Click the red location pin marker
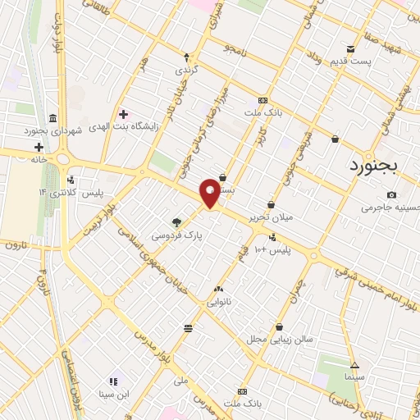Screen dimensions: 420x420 tap(210, 193)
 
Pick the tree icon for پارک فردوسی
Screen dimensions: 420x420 tap(176, 221)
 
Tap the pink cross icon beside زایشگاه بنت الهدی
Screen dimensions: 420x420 tap(123, 114)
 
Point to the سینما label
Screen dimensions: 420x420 tap(354, 377)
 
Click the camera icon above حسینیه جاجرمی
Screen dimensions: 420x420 tap(391, 194)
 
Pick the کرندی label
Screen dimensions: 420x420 tap(186, 71)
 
